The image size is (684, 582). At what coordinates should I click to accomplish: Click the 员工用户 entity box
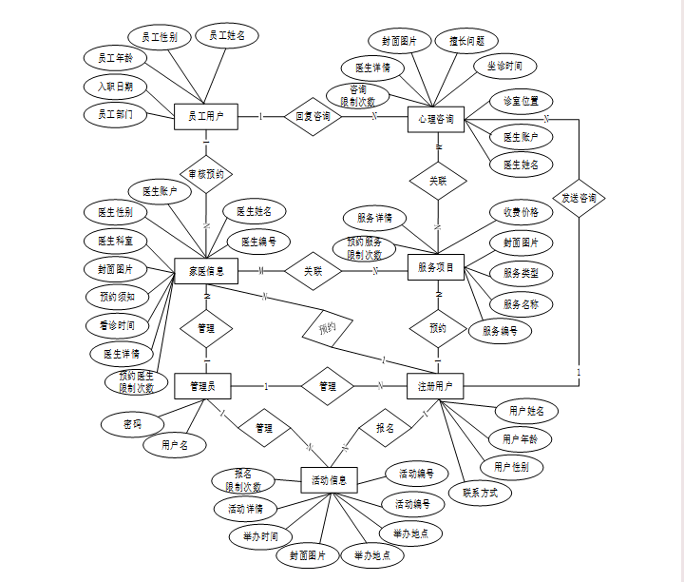point(205,116)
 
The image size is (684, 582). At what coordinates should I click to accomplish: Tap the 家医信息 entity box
point(205,271)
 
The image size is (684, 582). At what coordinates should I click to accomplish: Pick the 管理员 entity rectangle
point(203,386)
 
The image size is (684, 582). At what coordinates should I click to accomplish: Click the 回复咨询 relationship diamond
point(313,117)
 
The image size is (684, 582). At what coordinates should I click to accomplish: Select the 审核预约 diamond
point(206,175)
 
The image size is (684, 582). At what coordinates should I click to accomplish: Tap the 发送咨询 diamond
point(579,198)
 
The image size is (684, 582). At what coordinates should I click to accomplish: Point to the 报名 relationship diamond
point(385,428)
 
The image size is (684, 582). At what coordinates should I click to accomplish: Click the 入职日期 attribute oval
point(115,86)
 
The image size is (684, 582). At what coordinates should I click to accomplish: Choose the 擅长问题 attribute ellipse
point(466,41)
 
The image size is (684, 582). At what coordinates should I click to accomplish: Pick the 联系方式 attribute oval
point(485,493)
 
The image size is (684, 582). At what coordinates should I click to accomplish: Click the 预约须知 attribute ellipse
point(117,297)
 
